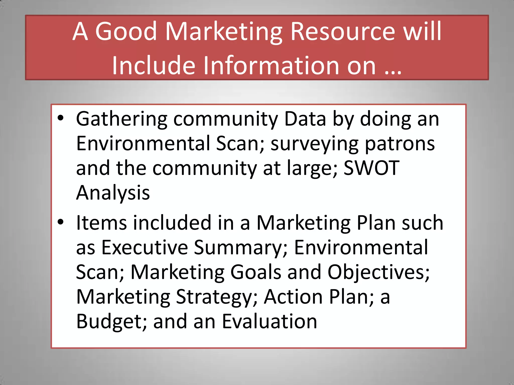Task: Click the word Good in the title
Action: (126, 32)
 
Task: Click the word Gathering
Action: (121, 119)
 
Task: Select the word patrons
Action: (400, 144)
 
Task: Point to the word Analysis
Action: (113, 193)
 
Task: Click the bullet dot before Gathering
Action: (60, 118)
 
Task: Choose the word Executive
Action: (145, 248)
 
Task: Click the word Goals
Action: (255, 272)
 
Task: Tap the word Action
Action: (293, 297)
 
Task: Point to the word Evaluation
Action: (270, 321)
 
